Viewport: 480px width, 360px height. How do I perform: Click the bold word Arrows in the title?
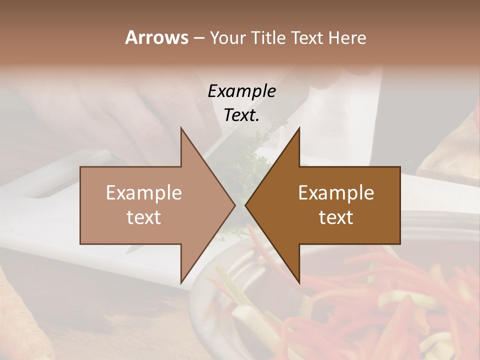click(156, 37)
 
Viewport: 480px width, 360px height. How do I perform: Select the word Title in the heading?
click(269, 38)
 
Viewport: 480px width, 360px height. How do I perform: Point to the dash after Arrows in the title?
click(198, 38)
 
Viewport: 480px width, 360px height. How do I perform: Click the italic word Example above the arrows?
click(241, 91)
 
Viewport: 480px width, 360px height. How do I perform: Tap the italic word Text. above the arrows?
click(241, 115)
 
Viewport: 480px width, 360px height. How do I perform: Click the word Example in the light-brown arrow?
click(144, 193)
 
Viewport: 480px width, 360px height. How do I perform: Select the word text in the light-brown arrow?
click(144, 217)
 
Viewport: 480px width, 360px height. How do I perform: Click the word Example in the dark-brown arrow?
click(336, 193)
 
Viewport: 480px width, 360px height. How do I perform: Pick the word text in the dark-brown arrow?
click(336, 217)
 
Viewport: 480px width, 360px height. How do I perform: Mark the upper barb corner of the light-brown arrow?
click(181, 127)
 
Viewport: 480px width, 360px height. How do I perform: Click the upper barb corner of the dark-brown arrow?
click(299, 127)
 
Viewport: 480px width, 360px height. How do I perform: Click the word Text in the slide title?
click(308, 38)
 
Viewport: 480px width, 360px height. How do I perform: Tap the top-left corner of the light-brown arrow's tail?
click(80, 167)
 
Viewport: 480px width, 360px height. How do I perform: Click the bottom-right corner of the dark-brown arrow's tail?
click(400, 243)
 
